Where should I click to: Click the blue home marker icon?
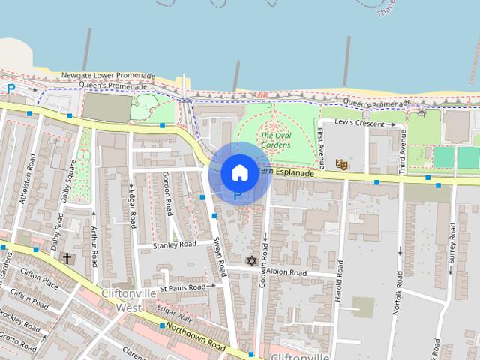click(239, 173)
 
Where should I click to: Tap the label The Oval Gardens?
click(276, 140)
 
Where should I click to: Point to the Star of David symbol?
click(251, 261)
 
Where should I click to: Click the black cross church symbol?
click(67, 259)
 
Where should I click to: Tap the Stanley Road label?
click(174, 244)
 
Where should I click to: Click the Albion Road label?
click(286, 271)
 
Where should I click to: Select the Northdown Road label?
click(197, 337)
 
